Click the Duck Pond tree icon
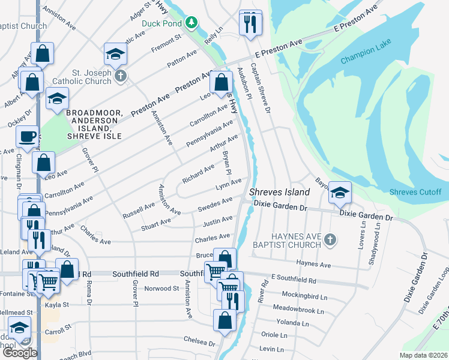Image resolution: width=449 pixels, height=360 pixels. click(191, 23)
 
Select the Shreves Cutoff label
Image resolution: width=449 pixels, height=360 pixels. click(415, 192)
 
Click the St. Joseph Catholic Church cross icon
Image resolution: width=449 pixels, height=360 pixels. click(121, 76)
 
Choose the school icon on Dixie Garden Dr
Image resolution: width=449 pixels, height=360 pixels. click(340, 192)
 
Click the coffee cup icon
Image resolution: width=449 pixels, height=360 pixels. click(26, 137)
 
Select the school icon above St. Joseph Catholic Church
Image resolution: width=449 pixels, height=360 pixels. click(115, 54)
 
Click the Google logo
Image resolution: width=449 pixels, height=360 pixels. click(20, 353)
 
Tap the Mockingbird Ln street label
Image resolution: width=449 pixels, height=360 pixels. click(307, 296)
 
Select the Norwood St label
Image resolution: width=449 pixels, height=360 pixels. click(162, 289)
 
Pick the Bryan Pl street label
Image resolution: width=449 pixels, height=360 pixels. click(227, 163)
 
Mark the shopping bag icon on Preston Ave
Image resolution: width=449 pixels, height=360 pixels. click(221, 82)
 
